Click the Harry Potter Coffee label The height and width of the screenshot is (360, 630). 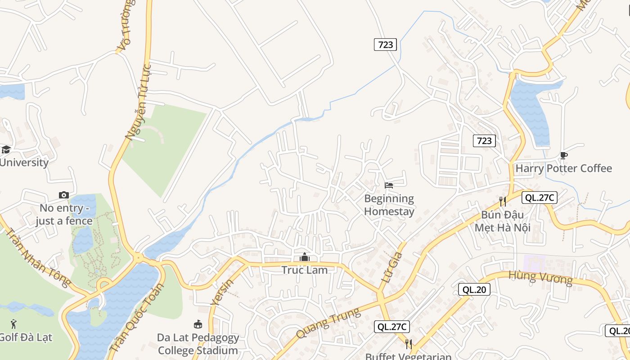tap(563, 168)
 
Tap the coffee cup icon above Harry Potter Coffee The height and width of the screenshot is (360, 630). tap(563, 156)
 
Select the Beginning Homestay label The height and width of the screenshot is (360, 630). tap(389, 205)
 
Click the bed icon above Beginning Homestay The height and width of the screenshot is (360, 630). tap(389, 185)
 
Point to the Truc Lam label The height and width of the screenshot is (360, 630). tap(305, 270)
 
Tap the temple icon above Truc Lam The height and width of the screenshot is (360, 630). tap(305, 257)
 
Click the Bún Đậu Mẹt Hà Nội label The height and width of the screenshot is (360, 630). tap(502, 220)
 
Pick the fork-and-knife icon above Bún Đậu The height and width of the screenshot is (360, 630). tap(502, 201)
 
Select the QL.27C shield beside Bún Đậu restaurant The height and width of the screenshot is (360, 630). tap(540, 198)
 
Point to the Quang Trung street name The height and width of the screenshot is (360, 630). tap(328, 323)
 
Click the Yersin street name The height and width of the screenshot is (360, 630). tap(222, 292)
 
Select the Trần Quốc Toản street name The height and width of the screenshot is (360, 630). tap(137, 318)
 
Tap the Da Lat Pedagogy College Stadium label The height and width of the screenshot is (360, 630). tap(198, 344)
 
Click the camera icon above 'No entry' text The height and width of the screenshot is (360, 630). tap(64, 195)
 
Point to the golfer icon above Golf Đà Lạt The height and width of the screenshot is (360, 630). tap(13, 324)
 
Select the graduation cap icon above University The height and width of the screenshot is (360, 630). tap(6, 149)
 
